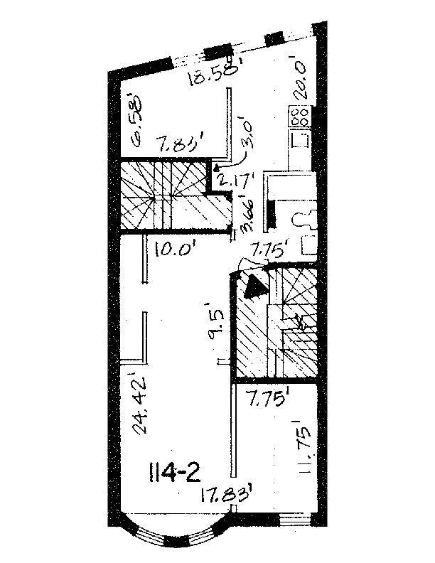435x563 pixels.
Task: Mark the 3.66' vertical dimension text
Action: (x=248, y=215)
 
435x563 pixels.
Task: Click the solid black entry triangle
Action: (x=254, y=287)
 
